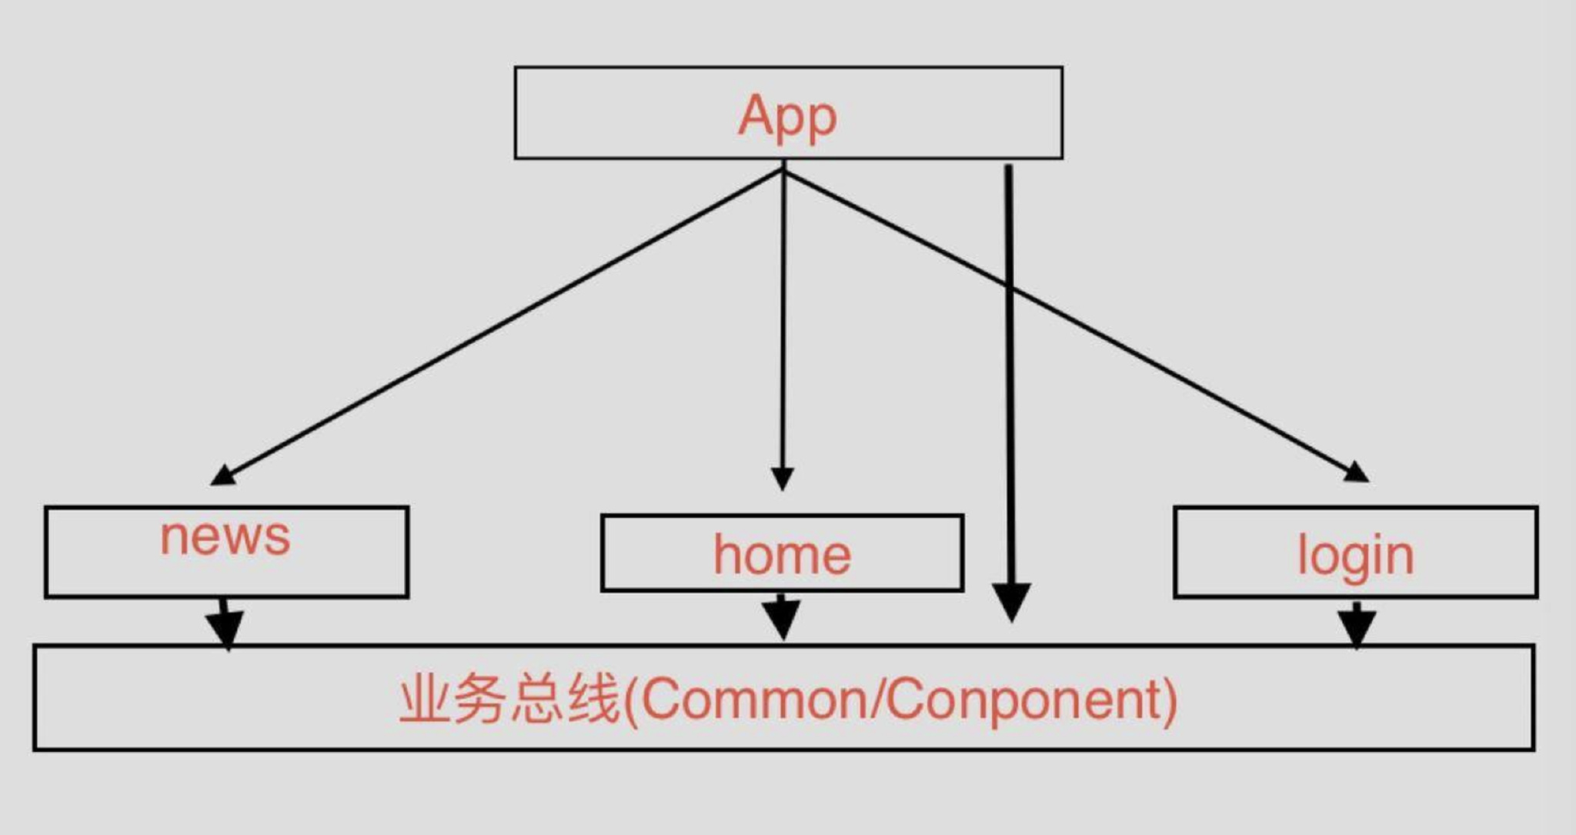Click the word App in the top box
coord(787,117)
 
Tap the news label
coord(225,536)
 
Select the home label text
coord(782,554)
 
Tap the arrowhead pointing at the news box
coord(222,476)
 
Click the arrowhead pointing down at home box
coord(782,479)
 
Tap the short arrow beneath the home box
coord(782,616)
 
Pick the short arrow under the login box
coord(1357,623)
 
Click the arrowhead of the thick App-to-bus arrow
coord(1011,601)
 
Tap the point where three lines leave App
coord(783,170)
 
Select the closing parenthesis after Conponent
coord(1170,700)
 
